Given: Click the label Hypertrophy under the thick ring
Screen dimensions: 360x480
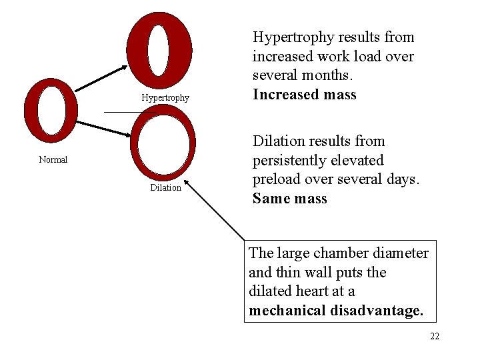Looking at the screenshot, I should [x=165, y=98].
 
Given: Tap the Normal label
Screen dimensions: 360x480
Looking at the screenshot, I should [x=53, y=160].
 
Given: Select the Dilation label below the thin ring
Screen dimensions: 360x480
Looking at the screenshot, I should [x=165, y=188].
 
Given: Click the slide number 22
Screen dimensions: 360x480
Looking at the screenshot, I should [x=435, y=337].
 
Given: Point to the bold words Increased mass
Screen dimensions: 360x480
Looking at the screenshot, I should [x=305, y=95].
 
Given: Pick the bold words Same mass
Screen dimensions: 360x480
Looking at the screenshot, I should [x=290, y=199].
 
